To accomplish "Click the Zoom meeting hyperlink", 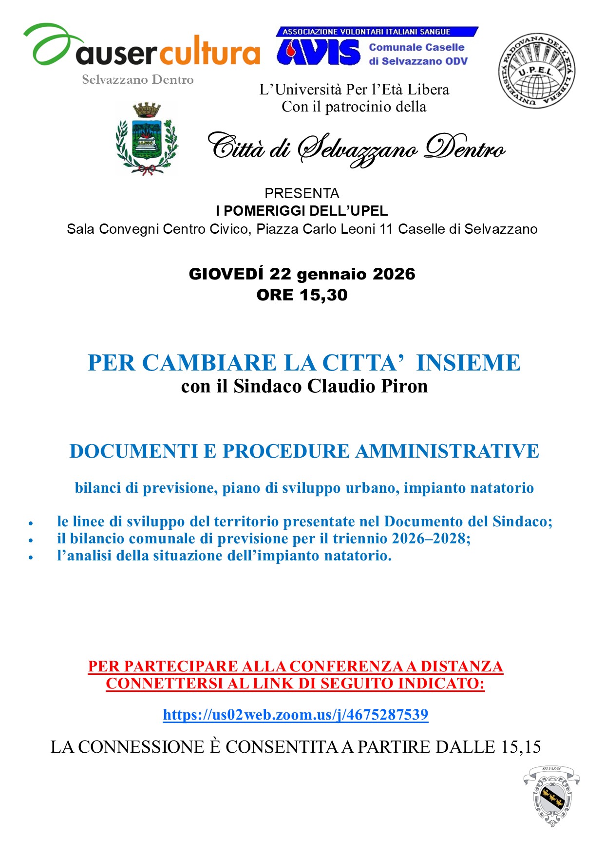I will point(295,714).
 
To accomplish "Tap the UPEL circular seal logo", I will point(536,71).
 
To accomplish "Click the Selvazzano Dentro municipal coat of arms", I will point(147,138).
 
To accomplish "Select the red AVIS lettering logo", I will point(319,52).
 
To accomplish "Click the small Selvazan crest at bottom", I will point(551,796).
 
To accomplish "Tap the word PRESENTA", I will point(302,193).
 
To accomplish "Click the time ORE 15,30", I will point(302,295).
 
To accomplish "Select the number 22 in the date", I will point(280,274).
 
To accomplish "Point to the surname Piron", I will point(404,386).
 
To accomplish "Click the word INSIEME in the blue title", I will point(468,363).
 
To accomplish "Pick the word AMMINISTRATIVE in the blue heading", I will point(447,451).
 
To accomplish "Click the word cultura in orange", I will point(210,53).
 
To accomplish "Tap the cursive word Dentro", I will point(464,148).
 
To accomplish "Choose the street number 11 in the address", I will point(386,229).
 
